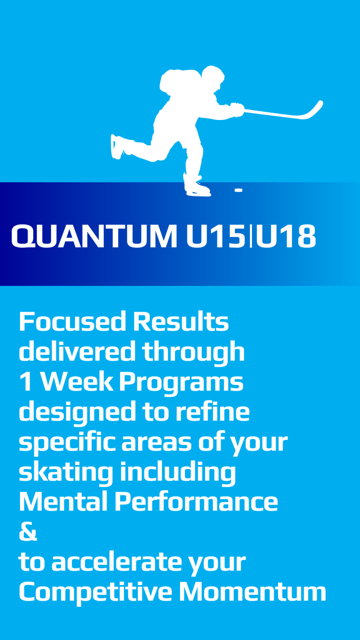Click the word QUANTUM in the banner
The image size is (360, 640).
94,237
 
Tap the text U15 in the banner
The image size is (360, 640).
215,237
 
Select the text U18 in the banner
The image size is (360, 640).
285,237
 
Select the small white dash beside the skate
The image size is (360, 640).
238,190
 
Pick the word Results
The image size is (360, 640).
181,322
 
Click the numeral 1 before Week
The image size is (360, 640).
26,382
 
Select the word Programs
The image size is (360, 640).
181,382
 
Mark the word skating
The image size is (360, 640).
66,472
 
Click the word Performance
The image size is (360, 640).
196,502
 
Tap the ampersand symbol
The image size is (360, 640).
28,532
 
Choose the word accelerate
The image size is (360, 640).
116,562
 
